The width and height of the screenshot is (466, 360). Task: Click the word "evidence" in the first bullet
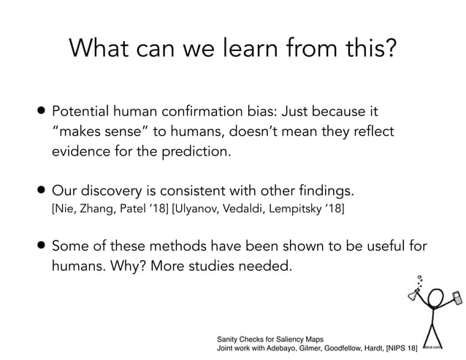click(x=82, y=152)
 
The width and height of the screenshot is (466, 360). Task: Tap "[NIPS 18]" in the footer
click(x=396, y=350)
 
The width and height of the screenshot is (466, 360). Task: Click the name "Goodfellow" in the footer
click(x=344, y=350)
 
